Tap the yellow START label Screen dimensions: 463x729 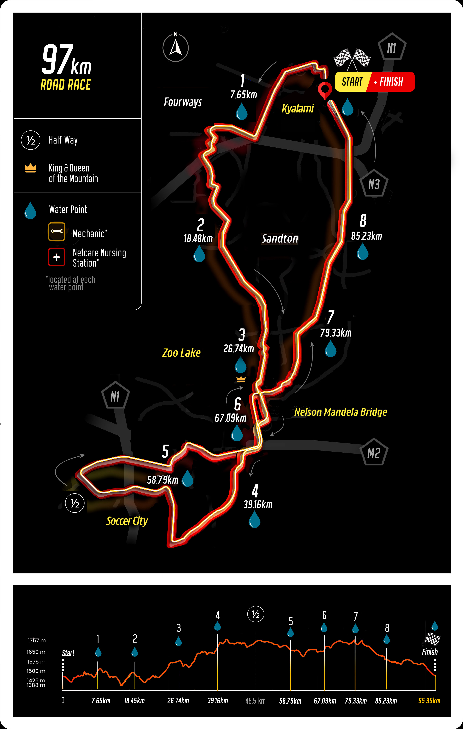[x=352, y=82]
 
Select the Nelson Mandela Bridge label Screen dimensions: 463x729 [x=341, y=412]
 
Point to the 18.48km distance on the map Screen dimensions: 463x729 [x=198, y=239]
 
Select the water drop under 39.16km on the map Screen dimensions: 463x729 [x=255, y=519]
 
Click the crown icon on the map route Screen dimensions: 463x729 [x=241, y=379]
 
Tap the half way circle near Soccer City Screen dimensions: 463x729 [x=75, y=503]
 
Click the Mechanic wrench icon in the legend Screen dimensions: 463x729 [x=57, y=232]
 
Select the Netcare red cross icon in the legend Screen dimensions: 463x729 [x=57, y=257]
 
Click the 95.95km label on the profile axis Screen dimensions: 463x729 [x=429, y=701]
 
